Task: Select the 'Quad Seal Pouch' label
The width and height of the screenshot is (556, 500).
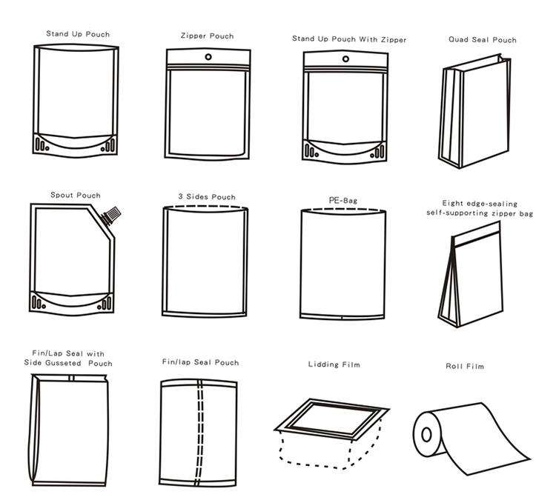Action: [x=483, y=39]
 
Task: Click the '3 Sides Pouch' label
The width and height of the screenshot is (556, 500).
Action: [x=206, y=197]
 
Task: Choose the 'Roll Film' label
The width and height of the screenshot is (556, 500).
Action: [x=465, y=367]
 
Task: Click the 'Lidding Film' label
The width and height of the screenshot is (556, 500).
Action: [x=334, y=364]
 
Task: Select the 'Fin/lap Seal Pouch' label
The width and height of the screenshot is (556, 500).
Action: [x=200, y=362]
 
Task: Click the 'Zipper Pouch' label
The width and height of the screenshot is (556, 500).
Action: [x=207, y=36]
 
